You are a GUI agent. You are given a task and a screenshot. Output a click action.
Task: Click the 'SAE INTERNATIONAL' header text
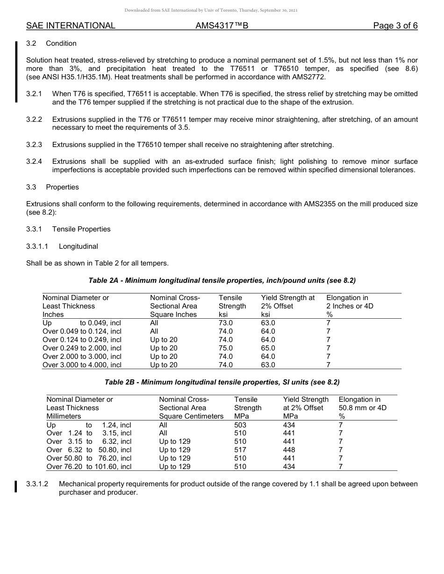click(71, 26)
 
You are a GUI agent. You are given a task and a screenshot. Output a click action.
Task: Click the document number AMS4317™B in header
click(222, 26)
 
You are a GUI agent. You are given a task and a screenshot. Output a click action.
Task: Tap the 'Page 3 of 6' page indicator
click(395, 26)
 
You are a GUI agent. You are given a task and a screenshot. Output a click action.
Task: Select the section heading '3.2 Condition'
click(51, 43)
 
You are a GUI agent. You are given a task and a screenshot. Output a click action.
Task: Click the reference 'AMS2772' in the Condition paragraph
click(309, 77)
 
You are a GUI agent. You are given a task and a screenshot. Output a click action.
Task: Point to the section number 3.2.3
click(34, 145)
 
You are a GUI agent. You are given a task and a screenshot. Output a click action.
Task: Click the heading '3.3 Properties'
click(52, 187)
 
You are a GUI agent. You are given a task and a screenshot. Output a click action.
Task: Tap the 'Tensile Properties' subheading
click(81, 229)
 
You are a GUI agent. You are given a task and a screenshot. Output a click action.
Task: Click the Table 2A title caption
click(222, 280)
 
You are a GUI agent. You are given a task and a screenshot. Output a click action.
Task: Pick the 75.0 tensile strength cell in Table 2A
click(226, 348)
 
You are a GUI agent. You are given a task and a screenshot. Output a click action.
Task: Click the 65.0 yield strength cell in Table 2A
click(268, 348)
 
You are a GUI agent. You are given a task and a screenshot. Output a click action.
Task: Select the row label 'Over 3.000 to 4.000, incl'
click(82, 365)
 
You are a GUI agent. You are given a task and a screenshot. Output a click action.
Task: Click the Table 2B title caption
click(222, 382)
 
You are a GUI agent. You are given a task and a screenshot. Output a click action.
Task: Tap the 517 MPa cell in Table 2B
click(240, 450)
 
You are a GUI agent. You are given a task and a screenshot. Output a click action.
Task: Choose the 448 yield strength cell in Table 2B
click(289, 450)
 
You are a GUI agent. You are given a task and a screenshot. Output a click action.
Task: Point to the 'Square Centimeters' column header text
click(191, 416)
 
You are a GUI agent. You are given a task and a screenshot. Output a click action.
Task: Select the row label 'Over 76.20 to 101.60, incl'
click(89, 467)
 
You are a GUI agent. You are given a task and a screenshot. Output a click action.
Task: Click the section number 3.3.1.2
click(37, 484)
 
